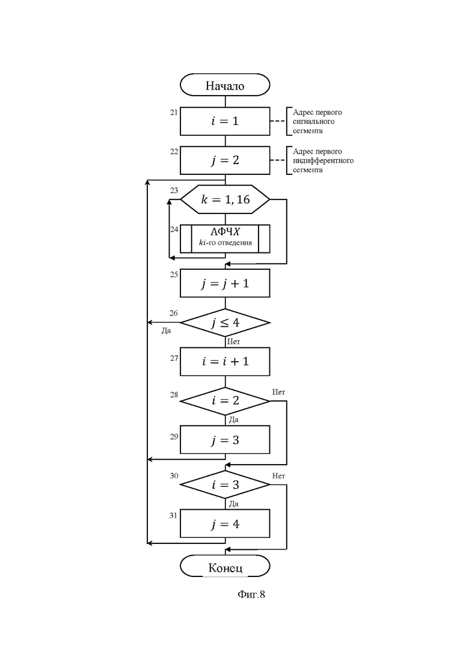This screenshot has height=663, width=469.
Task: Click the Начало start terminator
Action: pyautogui.click(x=225, y=85)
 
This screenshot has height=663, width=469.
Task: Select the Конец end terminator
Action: pyautogui.click(x=225, y=567)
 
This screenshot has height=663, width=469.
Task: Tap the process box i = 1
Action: pyautogui.click(x=225, y=121)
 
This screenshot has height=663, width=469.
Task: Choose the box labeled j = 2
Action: pyautogui.click(x=225, y=160)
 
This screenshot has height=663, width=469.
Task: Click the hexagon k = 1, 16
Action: pyautogui.click(x=225, y=199)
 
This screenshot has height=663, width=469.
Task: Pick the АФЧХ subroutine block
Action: pyautogui.click(x=225, y=239)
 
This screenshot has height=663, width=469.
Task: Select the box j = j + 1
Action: pyautogui.click(x=225, y=283)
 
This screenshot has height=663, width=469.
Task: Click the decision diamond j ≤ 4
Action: pyautogui.click(x=225, y=323)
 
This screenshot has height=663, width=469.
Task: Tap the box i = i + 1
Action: pyautogui.click(x=225, y=361)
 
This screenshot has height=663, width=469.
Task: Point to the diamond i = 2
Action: pyautogui.click(x=225, y=400)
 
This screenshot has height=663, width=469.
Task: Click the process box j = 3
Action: pyautogui.click(x=225, y=440)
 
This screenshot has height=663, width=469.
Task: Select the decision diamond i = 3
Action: pyautogui.click(x=225, y=484)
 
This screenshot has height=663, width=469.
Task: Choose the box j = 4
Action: pyautogui.click(x=225, y=524)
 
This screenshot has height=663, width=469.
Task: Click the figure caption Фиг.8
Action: pyautogui.click(x=251, y=594)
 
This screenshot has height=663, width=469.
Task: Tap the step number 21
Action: pyautogui.click(x=174, y=112)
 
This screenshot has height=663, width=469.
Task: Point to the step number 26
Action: pyautogui.click(x=174, y=313)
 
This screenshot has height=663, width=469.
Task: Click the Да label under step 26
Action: pyautogui.click(x=166, y=331)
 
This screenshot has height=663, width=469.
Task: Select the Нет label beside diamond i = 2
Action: pyautogui.click(x=278, y=392)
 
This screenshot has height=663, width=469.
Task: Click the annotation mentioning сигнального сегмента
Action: pyautogui.click(x=317, y=121)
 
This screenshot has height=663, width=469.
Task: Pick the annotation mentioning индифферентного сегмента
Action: pyautogui.click(x=323, y=160)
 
